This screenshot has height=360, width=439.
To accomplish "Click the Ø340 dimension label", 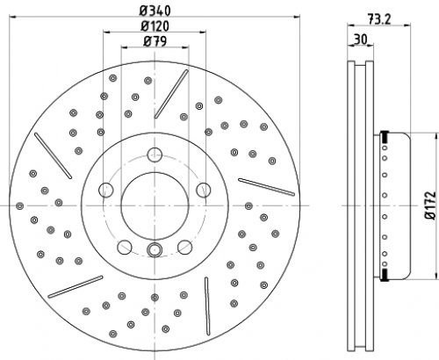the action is (155, 11).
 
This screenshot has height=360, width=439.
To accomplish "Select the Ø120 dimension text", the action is (155, 26).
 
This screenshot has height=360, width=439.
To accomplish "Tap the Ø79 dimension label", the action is (155, 41).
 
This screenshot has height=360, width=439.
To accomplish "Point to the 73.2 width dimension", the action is (378, 19).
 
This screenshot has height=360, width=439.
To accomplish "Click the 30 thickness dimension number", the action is (360, 40).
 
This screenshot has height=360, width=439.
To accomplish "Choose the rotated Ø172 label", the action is (430, 205).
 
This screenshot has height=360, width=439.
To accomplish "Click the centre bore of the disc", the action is (155, 205).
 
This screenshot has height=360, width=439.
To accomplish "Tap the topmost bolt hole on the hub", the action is (155, 155).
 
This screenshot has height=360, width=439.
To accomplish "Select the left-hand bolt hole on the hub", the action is (106, 190).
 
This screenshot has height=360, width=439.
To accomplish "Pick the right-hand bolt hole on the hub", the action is (204, 190).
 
